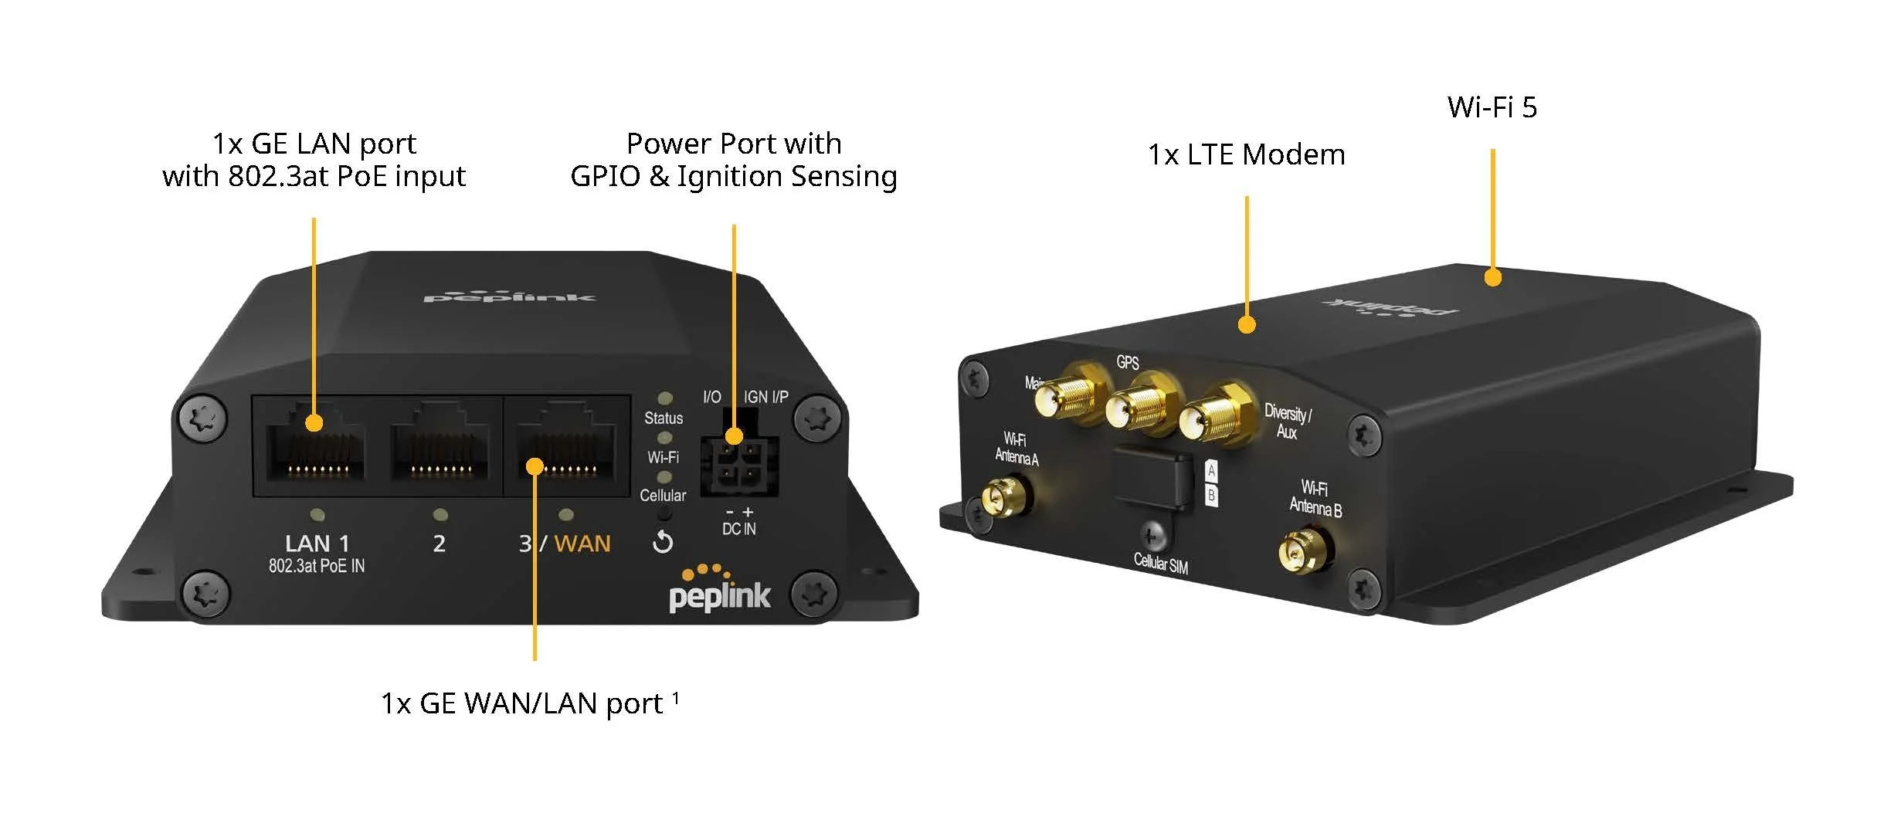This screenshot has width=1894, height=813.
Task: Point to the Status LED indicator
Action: (x=664, y=398)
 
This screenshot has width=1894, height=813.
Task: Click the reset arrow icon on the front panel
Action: (x=663, y=543)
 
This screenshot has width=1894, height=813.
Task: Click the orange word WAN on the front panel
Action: (x=582, y=544)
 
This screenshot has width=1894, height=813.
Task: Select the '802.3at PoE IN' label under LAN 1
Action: (x=317, y=566)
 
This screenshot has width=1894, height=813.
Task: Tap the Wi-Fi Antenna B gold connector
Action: (x=1303, y=550)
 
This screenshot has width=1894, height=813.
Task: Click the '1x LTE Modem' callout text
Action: (x=1246, y=155)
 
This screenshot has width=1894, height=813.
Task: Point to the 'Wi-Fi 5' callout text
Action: (x=1492, y=107)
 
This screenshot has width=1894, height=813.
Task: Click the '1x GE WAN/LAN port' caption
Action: (x=522, y=703)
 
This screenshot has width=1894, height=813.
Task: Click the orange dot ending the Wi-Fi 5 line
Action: (x=1492, y=277)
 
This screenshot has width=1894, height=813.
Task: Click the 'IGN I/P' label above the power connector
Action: (x=765, y=397)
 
